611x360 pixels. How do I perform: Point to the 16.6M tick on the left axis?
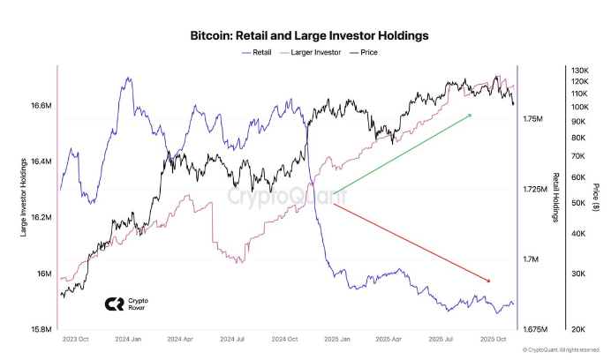click(41, 106)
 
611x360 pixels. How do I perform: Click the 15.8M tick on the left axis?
click(41, 329)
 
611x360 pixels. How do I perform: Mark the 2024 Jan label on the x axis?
click(129, 339)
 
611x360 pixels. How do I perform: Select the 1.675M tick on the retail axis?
click(538, 329)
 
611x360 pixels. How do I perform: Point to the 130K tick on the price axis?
click(579, 71)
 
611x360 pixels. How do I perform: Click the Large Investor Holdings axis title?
click(22, 199)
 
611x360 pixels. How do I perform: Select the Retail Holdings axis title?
click(556, 198)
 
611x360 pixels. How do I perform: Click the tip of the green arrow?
click(471, 114)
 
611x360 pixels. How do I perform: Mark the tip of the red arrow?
click(489, 281)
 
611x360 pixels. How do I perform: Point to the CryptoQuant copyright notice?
click(562, 350)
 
